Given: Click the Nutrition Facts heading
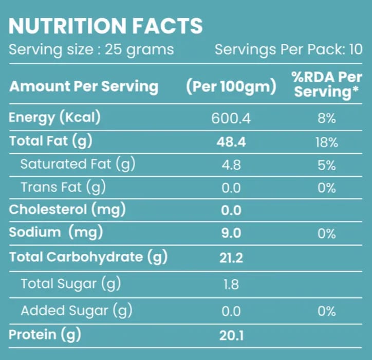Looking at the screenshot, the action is tap(105, 26).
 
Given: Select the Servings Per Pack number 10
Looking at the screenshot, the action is tap(356, 49).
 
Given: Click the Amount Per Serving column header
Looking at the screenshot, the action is tap(84, 86).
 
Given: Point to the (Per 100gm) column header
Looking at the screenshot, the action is tap(231, 86).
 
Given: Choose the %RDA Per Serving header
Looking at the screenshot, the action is tap(327, 85).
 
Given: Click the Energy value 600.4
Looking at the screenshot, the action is tap(231, 118).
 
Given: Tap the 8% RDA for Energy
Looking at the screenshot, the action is tap(327, 118).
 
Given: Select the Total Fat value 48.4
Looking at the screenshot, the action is tap(231, 142).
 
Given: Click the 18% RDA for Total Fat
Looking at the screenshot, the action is tap(327, 142).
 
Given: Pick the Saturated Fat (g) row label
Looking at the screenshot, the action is tap(78, 165).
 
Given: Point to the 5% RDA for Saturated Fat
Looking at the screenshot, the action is tap(327, 165).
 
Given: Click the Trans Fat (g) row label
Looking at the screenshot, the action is tap(63, 187).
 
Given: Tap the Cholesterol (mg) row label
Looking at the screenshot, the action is tap(67, 210).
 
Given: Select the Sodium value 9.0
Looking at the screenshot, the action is tap(231, 233).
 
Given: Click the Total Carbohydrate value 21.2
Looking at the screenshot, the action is tap(231, 258).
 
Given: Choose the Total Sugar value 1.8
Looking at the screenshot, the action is tap(231, 284).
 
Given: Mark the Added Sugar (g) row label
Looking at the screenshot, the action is tap(77, 311).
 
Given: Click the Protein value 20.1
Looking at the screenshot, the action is tap(231, 336).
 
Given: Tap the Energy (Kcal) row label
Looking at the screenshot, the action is tap(54, 118).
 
